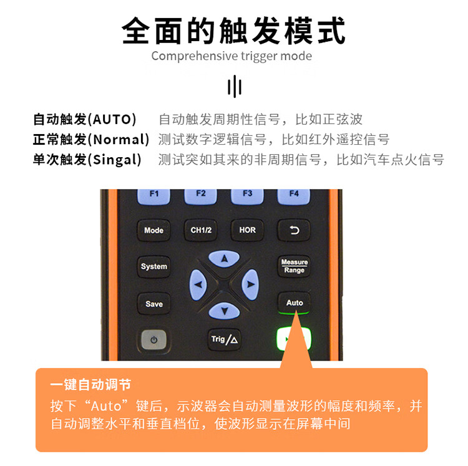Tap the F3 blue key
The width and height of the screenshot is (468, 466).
247,196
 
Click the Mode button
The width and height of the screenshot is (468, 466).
154,230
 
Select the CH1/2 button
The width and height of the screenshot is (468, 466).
200,230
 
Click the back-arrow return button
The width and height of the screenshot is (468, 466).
294,230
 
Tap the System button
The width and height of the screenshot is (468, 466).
154,266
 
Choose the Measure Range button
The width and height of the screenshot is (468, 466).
294,266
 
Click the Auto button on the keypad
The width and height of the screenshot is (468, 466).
294,303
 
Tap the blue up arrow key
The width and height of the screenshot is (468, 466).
224,258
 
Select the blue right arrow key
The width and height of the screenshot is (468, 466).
250,284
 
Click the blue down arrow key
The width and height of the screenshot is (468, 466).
224,311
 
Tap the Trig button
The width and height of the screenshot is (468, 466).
224,339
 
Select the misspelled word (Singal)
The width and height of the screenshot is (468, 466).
114,159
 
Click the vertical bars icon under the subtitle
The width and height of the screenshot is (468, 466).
235,86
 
